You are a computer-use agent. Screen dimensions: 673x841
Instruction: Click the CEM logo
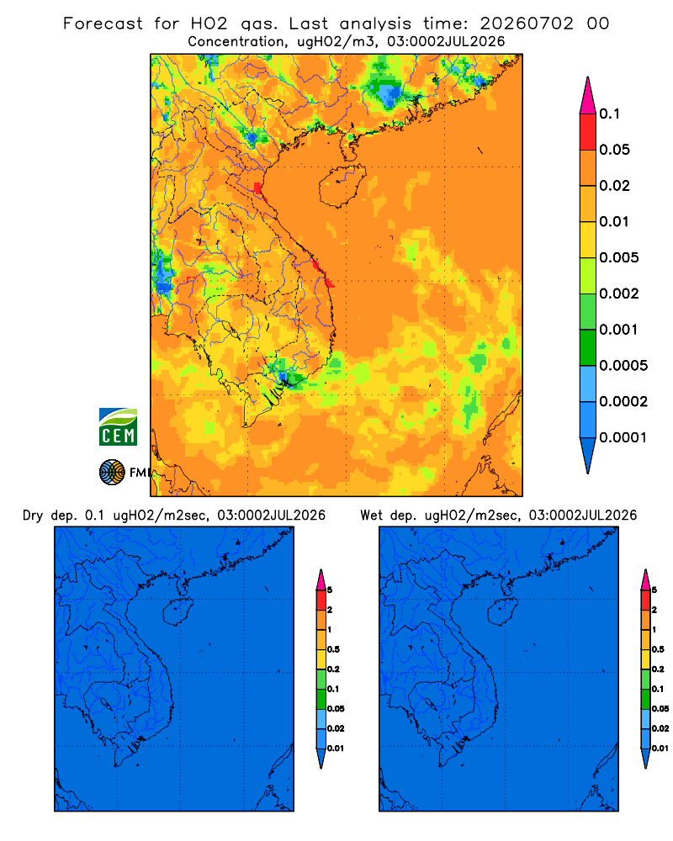click(x=118, y=426)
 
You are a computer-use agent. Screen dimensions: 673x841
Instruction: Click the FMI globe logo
click(x=112, y=472)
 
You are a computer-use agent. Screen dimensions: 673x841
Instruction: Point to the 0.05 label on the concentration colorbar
click(x=614, y=150)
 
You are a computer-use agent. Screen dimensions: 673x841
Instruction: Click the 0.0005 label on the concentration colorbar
click(x=623, y=366)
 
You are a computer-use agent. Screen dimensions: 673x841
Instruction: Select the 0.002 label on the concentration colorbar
click(x=619, y=294)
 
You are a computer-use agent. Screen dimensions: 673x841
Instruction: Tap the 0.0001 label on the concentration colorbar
click(x=623, y=437)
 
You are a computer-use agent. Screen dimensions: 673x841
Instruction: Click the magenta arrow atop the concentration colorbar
click(x=588, y=96)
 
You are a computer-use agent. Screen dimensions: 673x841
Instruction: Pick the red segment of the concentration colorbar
click(x=588, y=132)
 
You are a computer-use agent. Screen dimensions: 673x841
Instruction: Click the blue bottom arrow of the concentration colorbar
click(x=588, y=456)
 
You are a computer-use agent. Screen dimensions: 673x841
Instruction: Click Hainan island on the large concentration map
click(x=342, y=185)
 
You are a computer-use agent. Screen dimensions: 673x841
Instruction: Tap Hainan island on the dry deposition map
click(x=178, y=612)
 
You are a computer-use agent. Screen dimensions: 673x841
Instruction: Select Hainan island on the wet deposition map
click(x=502, y=612)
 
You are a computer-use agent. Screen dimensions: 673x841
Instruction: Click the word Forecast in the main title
click(x=103, y=24)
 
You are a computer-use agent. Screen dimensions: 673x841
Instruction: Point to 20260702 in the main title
click(x=527, y=24)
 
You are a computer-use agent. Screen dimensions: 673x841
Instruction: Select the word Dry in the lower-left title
click(x=33, y=516)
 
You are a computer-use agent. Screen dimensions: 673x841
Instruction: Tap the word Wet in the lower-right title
click(x=372, y=516)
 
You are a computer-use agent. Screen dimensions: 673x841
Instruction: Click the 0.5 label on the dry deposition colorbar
click(x=333, y=649)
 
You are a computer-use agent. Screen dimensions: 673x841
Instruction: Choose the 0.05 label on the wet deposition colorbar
click(x=660, y=709)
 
